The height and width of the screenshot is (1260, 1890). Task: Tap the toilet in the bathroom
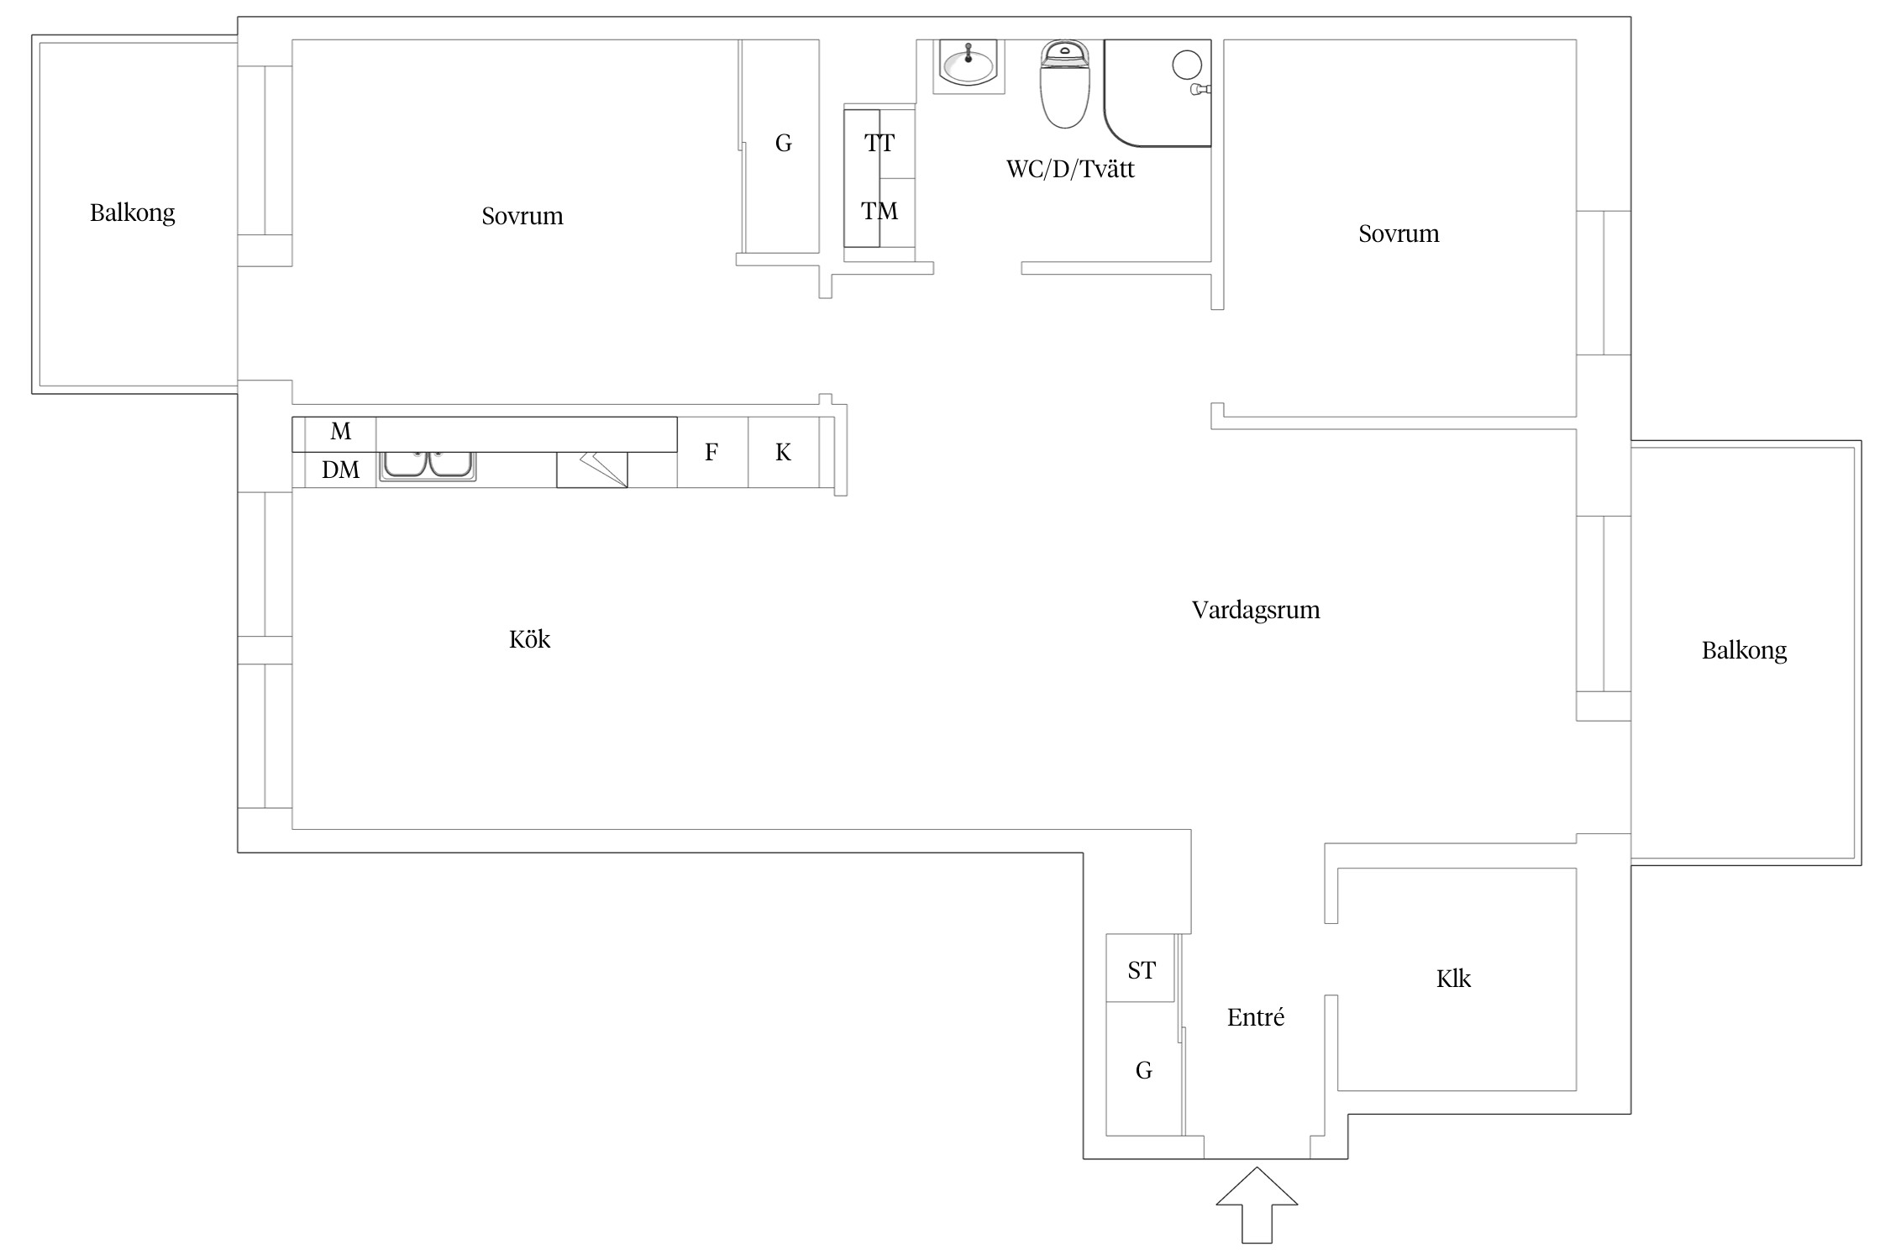click(1065, 84)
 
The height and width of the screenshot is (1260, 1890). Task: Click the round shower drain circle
click(1187, 65)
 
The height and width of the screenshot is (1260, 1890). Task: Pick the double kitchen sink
click(428, 465)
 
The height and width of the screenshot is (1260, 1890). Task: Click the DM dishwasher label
click(340, 470)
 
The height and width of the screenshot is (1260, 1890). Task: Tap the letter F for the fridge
click(711, 453)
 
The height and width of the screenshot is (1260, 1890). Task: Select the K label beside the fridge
click(783, 453)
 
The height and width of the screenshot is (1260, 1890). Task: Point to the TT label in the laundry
click(879, 143)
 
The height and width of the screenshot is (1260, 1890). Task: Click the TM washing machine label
click(879, 211)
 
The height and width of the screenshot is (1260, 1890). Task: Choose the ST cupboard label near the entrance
click(1142, 970)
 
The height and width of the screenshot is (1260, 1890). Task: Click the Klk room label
click(1453, 979)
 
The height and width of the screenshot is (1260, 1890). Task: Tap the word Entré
click(1256, 1017)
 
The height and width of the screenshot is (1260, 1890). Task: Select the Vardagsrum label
click(1256, 610)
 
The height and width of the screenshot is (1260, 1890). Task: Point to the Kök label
click(529, 639)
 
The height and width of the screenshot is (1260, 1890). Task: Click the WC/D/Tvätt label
click(1070, 170)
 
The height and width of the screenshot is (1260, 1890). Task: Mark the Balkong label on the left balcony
click(133, 213)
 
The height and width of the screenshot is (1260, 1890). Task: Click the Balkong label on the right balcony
click(1744, 650)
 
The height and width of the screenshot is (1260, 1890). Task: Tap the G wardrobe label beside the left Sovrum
click(783, 144)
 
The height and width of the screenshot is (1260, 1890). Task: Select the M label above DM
click(340, 432)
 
